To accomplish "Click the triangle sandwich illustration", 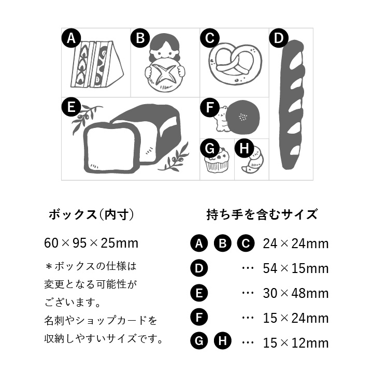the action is (x=97, y=64).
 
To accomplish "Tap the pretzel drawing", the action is (x=235, y=64).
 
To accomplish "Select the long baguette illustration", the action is (x=293, y=105).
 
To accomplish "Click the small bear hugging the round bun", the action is (x=221, y=119).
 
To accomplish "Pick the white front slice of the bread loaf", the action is (x=110, y=148).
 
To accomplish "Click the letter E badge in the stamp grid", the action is (x=71, y=107).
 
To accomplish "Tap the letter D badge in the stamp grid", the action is (x=279, y=38).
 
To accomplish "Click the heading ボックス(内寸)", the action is (x=92, y=214).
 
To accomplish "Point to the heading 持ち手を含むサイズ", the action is (x=262, y=214).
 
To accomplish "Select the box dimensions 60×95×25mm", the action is (x=91, y=243).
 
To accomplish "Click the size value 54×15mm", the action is (x=296, y=268).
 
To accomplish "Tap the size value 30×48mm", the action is (x=296, y=293).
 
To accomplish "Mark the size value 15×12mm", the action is (x=296, y=342).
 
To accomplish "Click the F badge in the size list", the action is (x=199, y=318).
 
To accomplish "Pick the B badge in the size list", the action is (x=222, y=243).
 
